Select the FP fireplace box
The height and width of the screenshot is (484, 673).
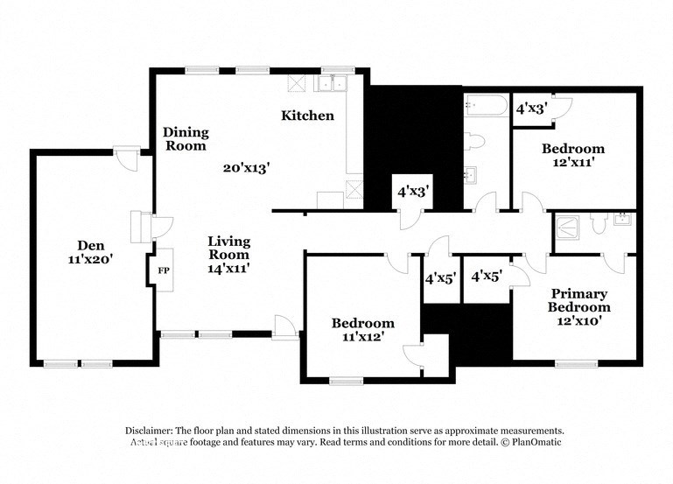click(x=163, y=270)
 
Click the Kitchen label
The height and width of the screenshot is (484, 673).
click(x=307, y=116)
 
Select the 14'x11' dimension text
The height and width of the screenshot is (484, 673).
click(x=229, y=269)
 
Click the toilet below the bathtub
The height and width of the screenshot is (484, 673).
click(x=475, y=140)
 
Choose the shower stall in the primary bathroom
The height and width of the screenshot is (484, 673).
click(x=567, y=228)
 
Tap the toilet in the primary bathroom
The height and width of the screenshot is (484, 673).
click(x=599, y=226)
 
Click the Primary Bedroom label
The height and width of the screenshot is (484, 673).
click(x=578, y=300)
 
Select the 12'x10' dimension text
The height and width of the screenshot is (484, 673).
click(x=578, y=320)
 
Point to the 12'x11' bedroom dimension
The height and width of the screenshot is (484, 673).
click(x=572, y=163)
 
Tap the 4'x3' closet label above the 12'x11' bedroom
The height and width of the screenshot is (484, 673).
click(x=531, y=109)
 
